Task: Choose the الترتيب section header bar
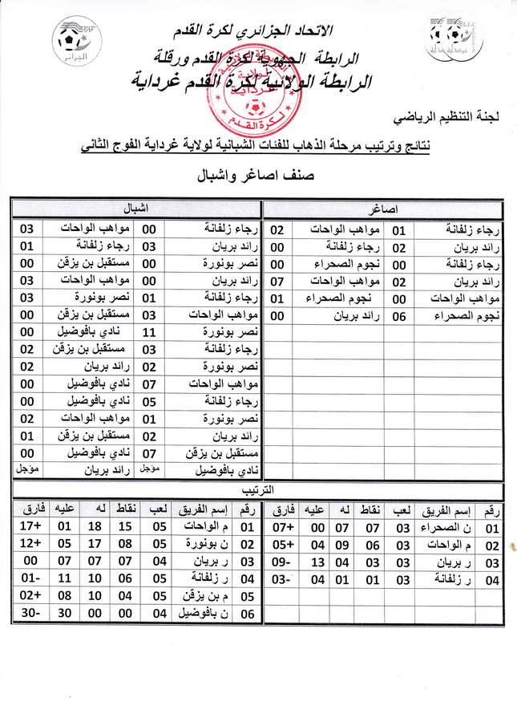[x=258, y=489]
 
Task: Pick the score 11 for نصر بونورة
[x=149, y=332]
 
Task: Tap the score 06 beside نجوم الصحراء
[x=400, y=316]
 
